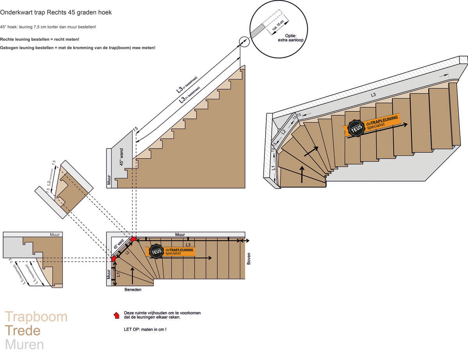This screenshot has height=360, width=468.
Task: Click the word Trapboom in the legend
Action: point(36,317)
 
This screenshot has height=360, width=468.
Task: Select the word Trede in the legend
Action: point(22,331)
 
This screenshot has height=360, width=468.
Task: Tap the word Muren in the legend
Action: point(24,345)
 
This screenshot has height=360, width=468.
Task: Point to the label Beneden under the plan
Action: point(133,290)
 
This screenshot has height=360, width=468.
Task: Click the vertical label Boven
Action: point(249,259)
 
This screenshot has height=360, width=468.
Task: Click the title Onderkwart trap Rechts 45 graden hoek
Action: point(56,12)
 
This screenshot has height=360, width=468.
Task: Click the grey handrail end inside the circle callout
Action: point(257,31)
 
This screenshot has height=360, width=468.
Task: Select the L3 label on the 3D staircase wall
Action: point(373,95)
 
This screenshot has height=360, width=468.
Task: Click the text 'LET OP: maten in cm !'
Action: point(145,330)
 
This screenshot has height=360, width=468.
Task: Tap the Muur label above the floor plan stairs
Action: point(180,235)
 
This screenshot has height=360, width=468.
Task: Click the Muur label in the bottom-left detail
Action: point(55,235)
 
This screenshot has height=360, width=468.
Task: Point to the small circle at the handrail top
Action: point(244,41)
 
